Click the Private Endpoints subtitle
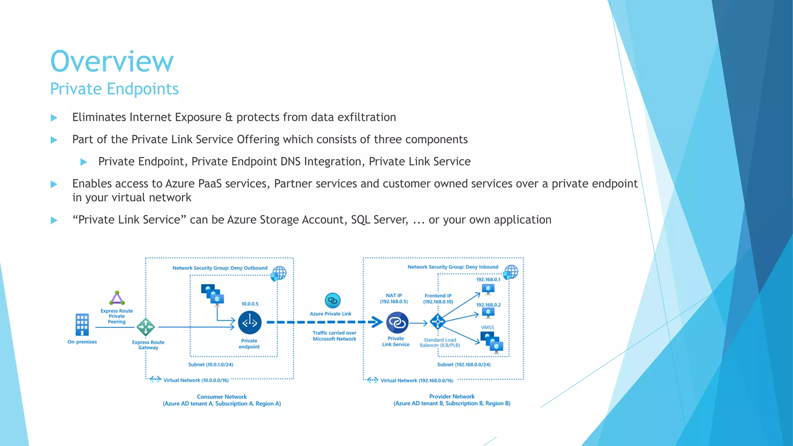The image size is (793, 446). (114, 89)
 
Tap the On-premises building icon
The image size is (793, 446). (82, 324)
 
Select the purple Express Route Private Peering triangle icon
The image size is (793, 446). (117, 298)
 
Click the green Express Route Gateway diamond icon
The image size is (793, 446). (146, 327)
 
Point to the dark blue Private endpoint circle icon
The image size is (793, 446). (250, 322)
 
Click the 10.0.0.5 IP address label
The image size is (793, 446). (250, 304)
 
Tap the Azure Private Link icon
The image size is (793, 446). (333, 300)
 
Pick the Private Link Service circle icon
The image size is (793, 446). (397, 322)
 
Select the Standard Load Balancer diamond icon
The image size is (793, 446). (438, 321)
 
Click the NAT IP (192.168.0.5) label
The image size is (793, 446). (394, 298)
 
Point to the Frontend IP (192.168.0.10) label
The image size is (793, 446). (438, 298)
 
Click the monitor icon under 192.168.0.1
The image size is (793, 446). (488, 289)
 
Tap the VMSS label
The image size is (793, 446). (487, 328)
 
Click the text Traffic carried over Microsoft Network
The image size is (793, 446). (335, 336)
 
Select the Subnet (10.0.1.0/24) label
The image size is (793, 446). (211, 365)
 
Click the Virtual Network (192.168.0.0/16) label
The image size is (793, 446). (417, 381)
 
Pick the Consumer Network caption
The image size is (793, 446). (221, 397)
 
